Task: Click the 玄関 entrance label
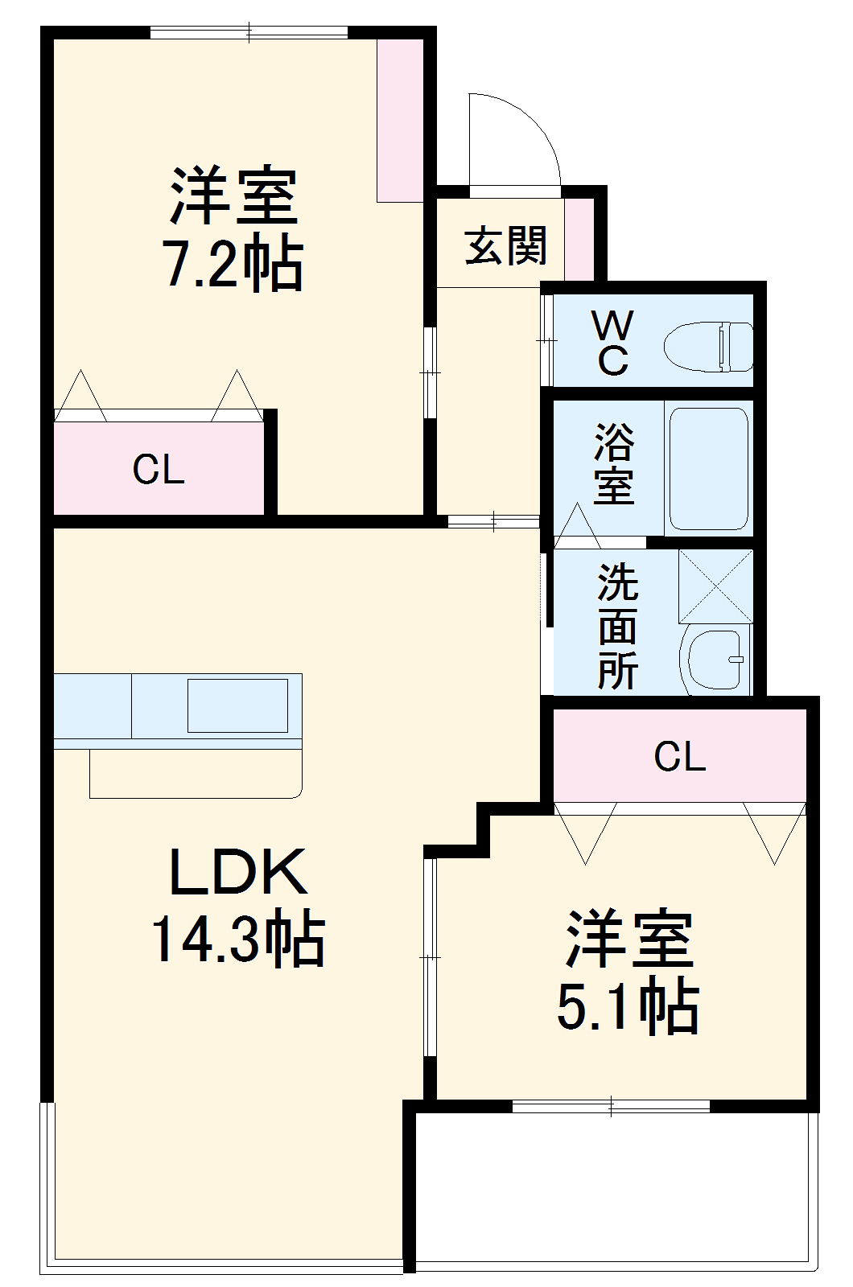pyautogui.click(x=506, y=245)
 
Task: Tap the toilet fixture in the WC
pyautogui.click(x=708, y=347)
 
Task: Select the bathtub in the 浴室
pyautogui.click(x=709, y=468)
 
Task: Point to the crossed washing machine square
pyautogui.click(x=715, y=586)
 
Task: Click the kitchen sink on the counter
pyautogui.click(x=237, y=705)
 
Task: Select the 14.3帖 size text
pyautogui.click(x=238, y=940)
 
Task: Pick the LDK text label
pyautogui.click(x=238, y=873)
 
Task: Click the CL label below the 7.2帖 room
pyautogui.click(x=159, y=469)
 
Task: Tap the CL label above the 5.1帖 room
pyautogui.click(x=680, y=756)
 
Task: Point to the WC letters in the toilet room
pyautogui.click(x=612, y=343)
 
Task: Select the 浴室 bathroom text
pyautogui.click(x=614, y=464)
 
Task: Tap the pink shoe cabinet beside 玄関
pyautogui.click(x=579, y=239)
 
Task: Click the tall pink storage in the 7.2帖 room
pyautogui.click(x=400, y=121)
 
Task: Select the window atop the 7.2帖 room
pyautogui.click(x=249, y=33)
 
